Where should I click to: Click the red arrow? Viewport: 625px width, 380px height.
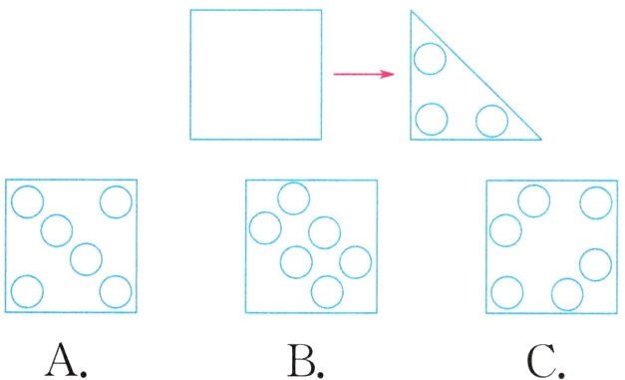coord(364,74)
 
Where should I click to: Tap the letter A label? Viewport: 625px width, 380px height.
coord(66,360)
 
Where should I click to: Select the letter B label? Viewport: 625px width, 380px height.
coord(305,360)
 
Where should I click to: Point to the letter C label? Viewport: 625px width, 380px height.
coord(545,361)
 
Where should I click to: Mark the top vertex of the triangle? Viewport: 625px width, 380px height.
coord(412,11)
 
